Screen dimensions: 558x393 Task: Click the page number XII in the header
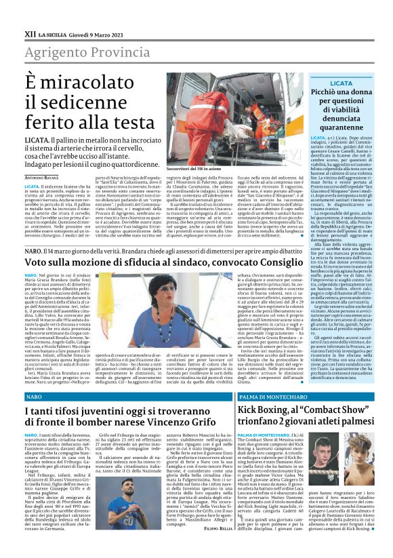coord(30,33)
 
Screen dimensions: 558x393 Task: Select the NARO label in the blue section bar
coord(33,395)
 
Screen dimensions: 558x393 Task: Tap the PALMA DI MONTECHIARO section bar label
coord(268,395)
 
